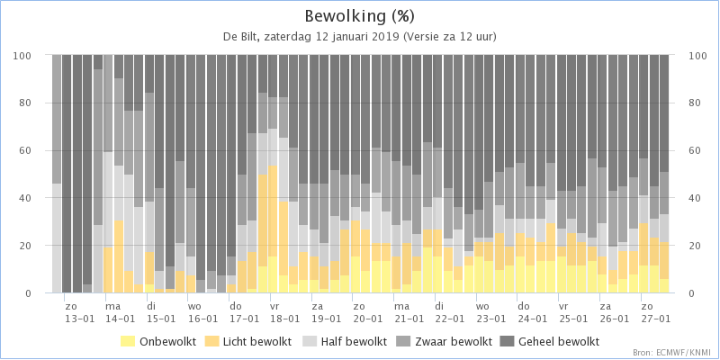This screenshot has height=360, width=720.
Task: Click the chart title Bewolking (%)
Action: [x=360, y=16]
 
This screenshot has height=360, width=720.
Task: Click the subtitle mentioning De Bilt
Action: [x=360, y=37]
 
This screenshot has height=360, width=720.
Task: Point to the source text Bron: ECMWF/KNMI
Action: [x=671, y=353]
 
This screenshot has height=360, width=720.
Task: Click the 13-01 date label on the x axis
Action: [x=78, y=319]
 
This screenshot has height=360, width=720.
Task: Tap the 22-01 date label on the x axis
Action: [x=450, y=319]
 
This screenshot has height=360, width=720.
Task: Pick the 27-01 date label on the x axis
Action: [x=656, y=319]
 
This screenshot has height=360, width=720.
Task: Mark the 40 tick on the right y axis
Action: [x=694, y=198]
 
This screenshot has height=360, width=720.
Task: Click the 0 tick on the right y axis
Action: [x=691, y=293]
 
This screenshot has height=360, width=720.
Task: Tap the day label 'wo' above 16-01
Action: [x=195, y=307]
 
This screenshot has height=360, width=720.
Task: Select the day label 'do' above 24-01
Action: [x=524, y=307]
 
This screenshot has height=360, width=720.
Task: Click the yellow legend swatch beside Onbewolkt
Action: [x=128, y=341]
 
